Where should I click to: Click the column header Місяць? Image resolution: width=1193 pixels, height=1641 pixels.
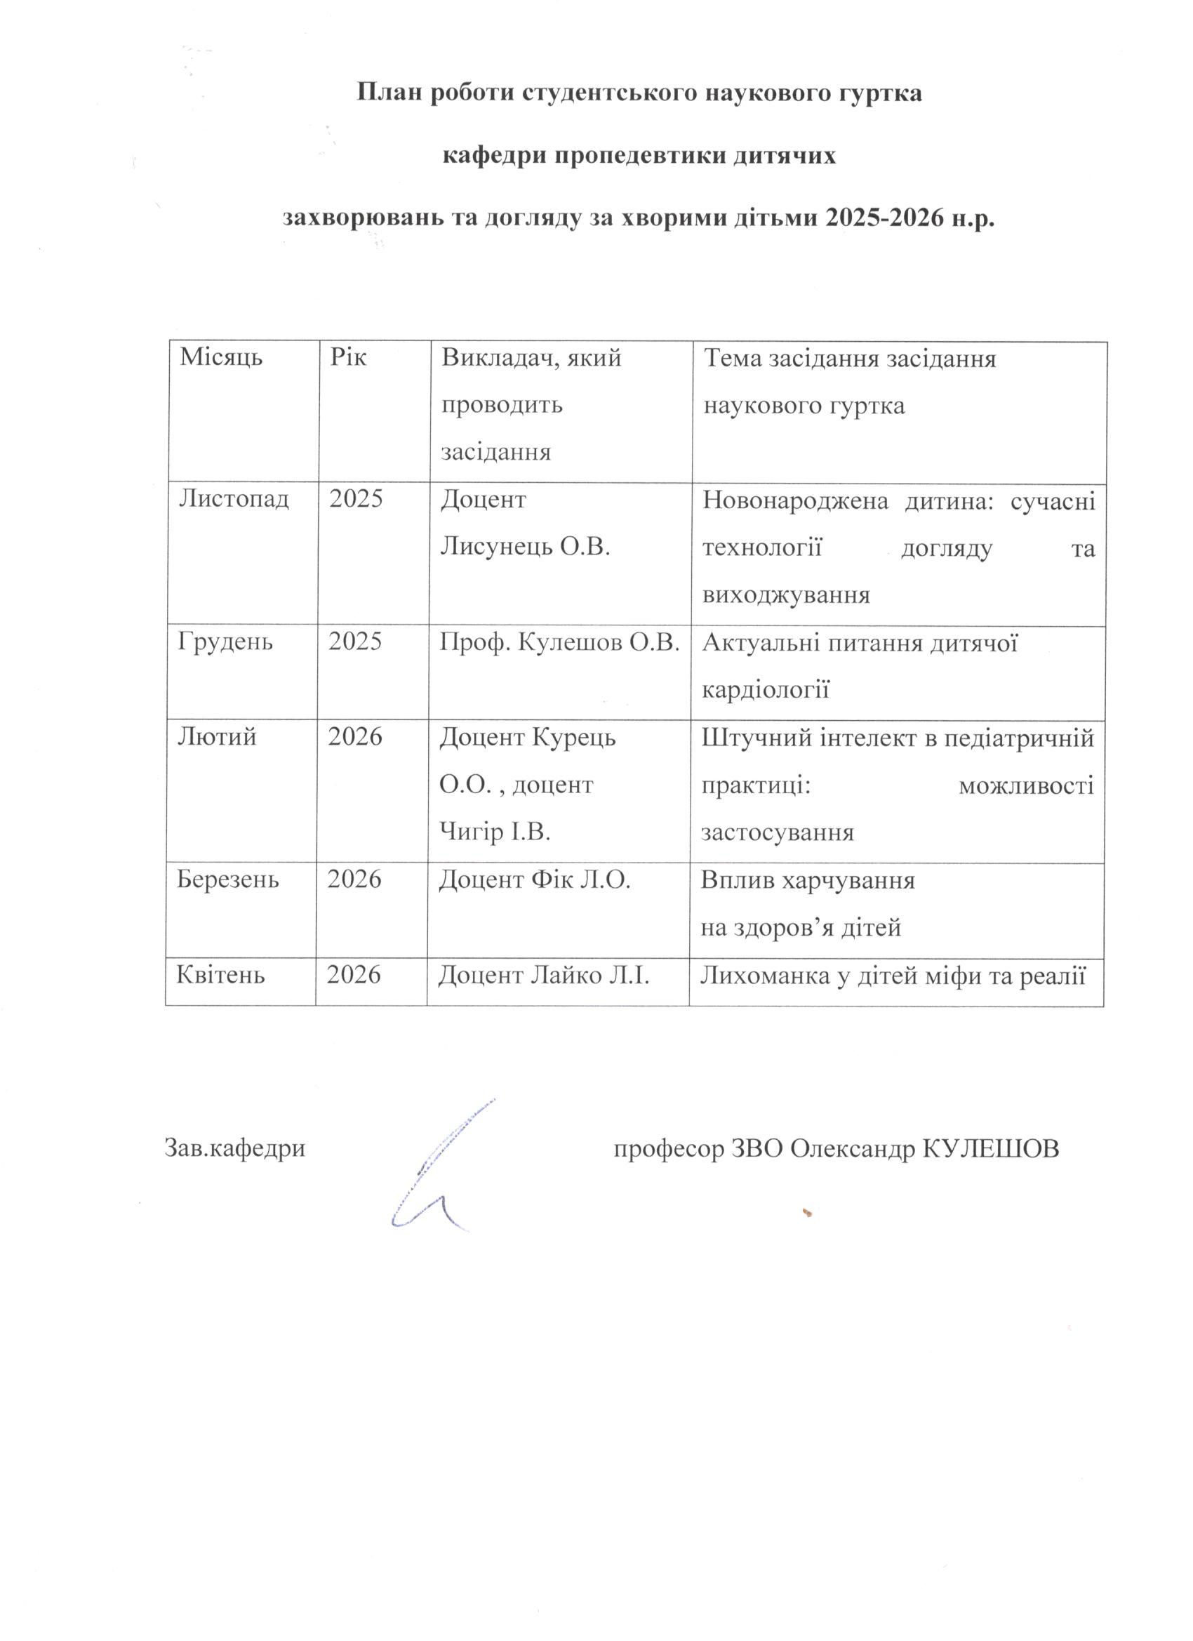(220, 358)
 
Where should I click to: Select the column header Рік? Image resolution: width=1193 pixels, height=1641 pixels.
(349, 358)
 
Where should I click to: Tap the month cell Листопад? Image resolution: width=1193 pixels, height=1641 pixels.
(234, 499)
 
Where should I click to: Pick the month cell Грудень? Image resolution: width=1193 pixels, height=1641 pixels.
(226, 642)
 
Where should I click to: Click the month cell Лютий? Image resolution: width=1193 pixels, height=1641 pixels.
(217, 736)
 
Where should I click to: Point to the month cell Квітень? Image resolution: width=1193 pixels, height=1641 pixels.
(220, 976)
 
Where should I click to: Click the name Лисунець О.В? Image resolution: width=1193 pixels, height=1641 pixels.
(526, 547)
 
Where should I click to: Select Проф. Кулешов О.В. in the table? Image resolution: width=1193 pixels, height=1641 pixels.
(560, 642)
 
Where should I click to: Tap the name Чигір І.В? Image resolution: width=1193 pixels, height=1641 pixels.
(495, 832)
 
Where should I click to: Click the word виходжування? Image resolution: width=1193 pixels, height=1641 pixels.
(786, 594)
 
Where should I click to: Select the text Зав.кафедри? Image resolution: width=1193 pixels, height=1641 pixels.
(235, 1148)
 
